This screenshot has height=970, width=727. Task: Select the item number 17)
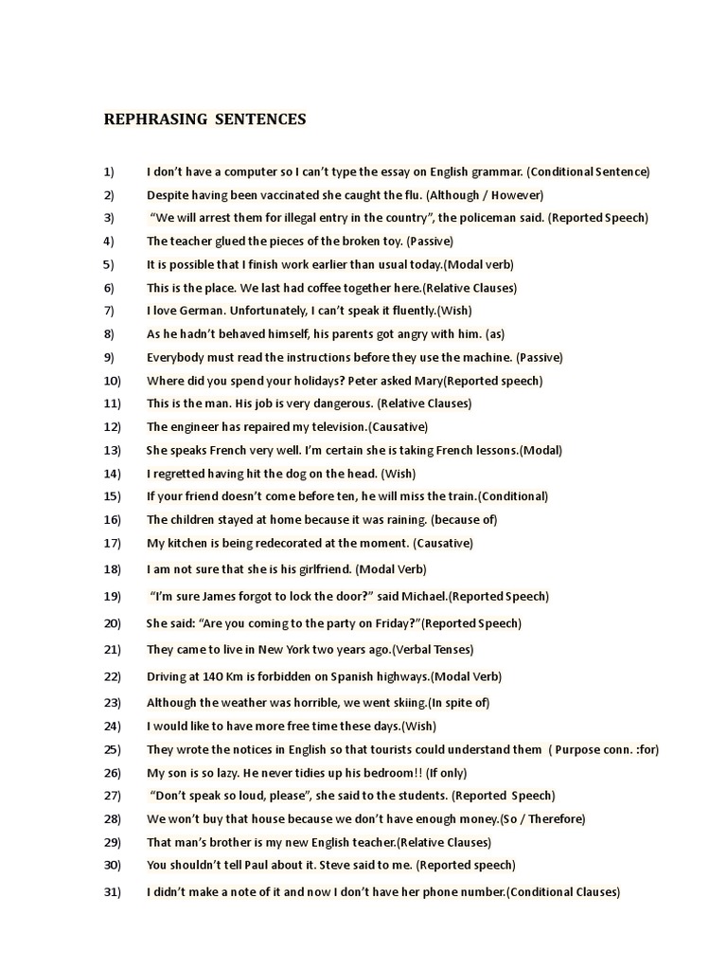[112, 543]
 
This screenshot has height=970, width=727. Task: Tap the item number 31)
[112, 891]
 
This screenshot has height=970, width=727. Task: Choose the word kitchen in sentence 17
[186, 543]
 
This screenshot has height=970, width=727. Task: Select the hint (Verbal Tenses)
[433, 650]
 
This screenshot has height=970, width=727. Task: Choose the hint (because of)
[464, 519]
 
